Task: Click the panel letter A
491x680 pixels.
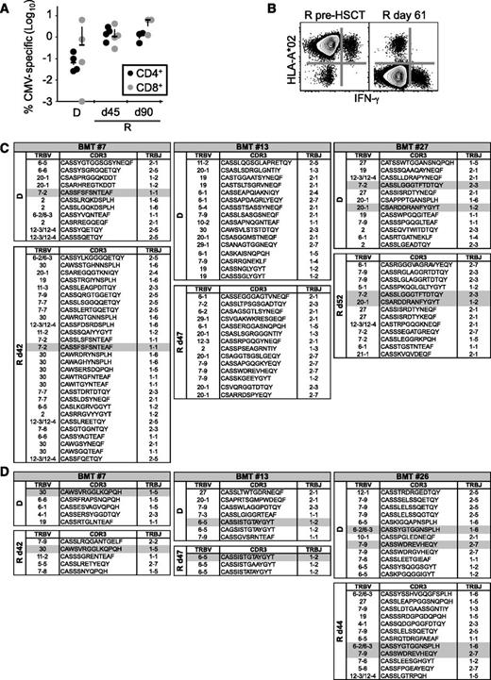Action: [x=8, y=8]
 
